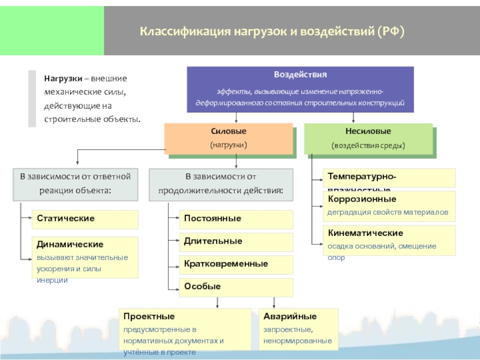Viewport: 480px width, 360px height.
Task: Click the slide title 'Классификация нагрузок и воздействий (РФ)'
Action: (x=272, y=30)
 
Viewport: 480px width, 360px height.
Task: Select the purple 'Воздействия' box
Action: (x=300, y=89)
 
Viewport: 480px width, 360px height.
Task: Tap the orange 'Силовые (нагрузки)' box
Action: (x=229, y=139)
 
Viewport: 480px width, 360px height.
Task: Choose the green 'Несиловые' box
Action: (x=368, y=138)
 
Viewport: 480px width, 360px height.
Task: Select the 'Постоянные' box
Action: (x=236, y=219)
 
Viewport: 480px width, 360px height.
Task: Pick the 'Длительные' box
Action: (x=236, y=241)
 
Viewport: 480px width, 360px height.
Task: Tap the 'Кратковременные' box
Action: (x=236, y=264)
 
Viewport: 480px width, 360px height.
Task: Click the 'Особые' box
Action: (x=236, y=287)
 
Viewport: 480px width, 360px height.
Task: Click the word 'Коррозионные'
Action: (x=362, y=199)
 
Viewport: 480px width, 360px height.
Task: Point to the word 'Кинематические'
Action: (x=365, y=233)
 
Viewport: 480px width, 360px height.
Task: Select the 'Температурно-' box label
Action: (x=361, y=176)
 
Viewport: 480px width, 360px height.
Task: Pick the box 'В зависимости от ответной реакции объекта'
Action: (x=75, y=184)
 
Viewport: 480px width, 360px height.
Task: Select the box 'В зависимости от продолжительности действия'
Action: (x=221, y=184)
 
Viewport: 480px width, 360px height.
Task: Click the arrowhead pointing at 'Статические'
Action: (x=29, y=219)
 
